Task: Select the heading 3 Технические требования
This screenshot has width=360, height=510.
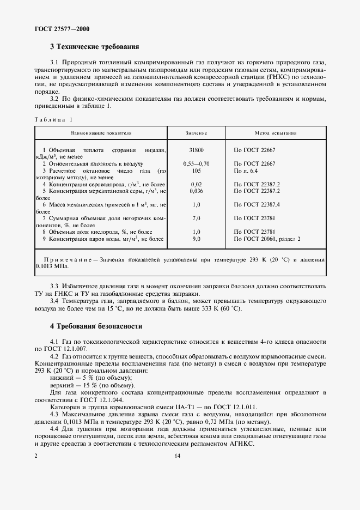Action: coord(94,47)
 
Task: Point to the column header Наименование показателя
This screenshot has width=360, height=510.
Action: coord(101,132)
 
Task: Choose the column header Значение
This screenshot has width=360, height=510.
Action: coord(196,132)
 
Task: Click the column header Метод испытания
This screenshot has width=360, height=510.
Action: coord(276,132)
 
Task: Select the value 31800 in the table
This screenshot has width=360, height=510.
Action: coord(196,149)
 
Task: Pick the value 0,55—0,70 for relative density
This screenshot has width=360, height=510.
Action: coord(196,163)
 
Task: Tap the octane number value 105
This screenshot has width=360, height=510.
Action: coord(196,171)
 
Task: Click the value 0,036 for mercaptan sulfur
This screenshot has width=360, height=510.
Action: coord(196,191)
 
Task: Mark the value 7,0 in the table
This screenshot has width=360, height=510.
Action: coord(196,218)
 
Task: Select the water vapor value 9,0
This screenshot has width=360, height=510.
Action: coord(196,239)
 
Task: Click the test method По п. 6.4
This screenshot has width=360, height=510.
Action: coord(246,171)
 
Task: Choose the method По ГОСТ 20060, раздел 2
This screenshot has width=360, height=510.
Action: coord(267,239)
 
